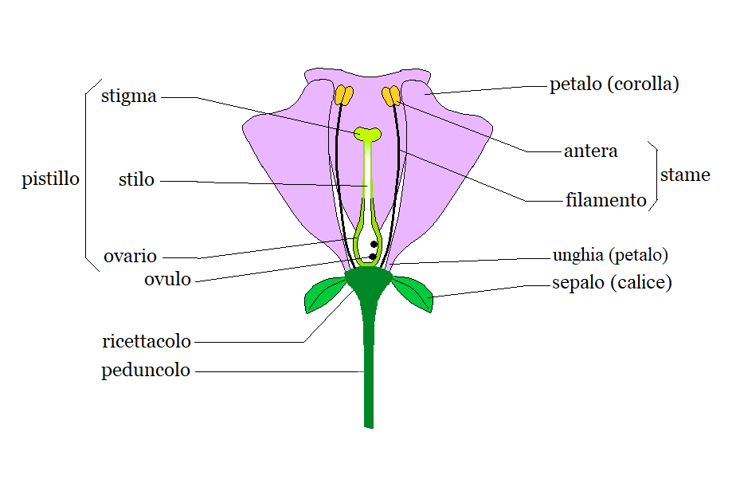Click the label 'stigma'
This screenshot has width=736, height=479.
[129, 97]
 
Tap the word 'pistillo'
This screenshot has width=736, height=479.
[51, 179]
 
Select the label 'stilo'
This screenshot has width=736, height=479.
[136, 180]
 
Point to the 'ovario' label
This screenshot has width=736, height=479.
[130, 257]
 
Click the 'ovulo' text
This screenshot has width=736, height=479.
[167, 279]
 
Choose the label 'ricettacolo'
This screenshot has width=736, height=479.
[147, 342]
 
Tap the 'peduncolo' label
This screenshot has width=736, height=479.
[146, 371]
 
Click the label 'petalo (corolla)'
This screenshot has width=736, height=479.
[614, 84]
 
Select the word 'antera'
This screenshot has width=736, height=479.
[590, 151]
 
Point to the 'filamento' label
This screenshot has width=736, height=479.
[605, 200]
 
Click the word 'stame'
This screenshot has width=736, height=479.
[685, 175]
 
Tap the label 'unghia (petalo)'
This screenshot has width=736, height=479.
[610, 256]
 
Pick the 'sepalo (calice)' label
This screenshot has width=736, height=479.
[612, 283]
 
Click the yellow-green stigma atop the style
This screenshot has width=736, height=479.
[368, 133]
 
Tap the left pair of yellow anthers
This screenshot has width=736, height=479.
[343, 96]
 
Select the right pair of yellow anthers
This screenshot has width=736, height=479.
[391, 96]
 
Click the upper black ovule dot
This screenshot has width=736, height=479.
[373, 245]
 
